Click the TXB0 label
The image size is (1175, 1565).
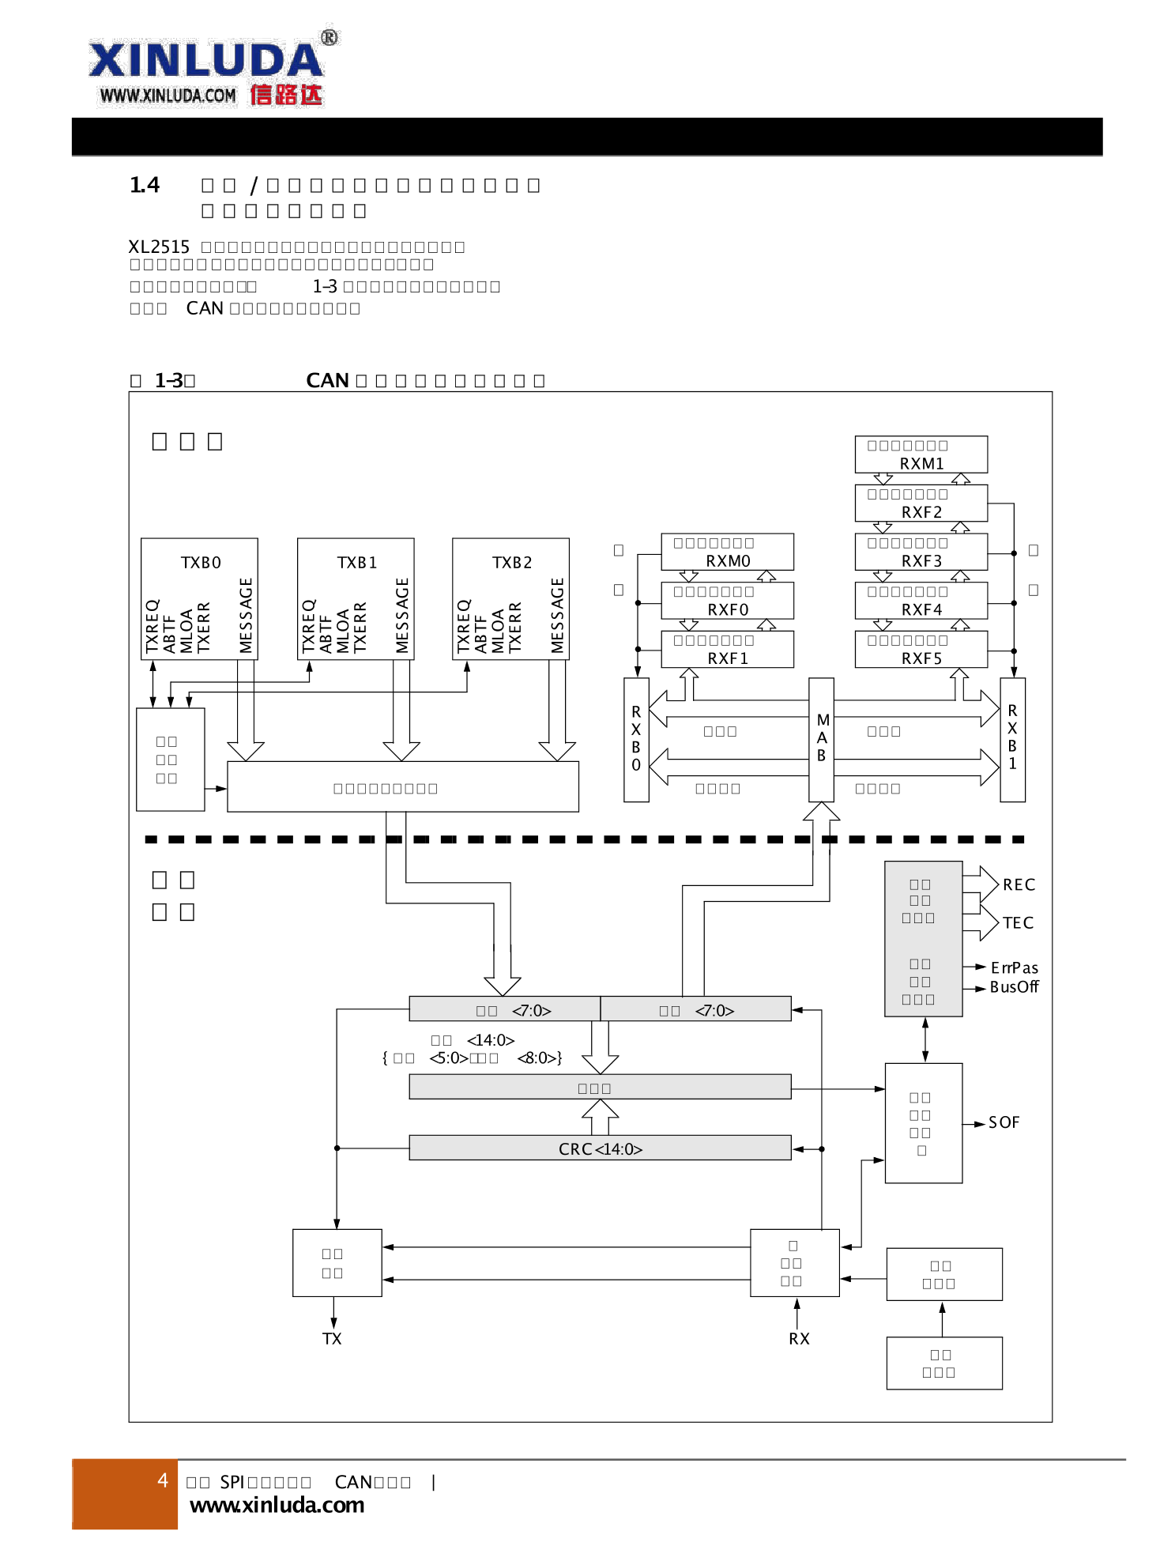point(201,562)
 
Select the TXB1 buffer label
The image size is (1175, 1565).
point(357,562)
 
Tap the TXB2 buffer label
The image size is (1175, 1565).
point(512,562)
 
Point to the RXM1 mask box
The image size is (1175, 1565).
point(921,454)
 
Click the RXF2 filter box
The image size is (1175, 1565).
point(921,503)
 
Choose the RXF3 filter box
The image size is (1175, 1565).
point(921,552)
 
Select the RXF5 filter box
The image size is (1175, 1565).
point(921,649)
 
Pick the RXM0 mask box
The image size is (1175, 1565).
point(727,552)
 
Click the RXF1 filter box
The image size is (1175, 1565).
point(727,649)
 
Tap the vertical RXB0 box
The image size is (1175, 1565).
point(636,739)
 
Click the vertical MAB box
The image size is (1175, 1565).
point(822,739)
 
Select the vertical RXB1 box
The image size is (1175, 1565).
point(1012,739)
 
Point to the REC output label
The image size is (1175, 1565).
point(1019,884)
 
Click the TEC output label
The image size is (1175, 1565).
point(1018,922)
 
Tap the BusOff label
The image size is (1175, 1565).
point(1014,986)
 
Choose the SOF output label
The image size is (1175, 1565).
point(1004,1122)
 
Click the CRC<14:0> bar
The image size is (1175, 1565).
point(600,1148)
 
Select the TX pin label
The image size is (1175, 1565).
point(332,1338)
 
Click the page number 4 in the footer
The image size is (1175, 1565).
point(163,1480)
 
